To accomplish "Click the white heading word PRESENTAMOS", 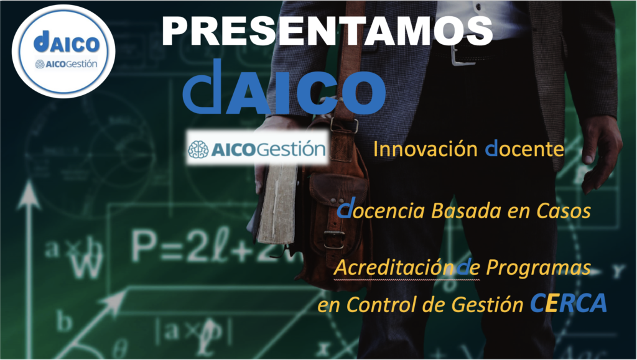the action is click(x=327, y=31).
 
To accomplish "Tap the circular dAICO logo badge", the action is click(x=63, y=52).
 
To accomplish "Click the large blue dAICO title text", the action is click(x=284, y=87).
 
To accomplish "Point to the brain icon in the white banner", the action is click(x=198, y=149).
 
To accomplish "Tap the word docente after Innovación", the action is click(x=524, y=149).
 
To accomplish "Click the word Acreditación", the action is click(x=394, y=267).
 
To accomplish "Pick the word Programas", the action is click(x=538, y=268).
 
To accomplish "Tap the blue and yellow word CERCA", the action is click(x=569, y=303).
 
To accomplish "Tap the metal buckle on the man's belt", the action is click(x=462, y=55).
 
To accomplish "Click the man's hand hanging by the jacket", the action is click(x=600, y=154).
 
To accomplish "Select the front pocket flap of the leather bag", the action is click(x=338, y=190).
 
